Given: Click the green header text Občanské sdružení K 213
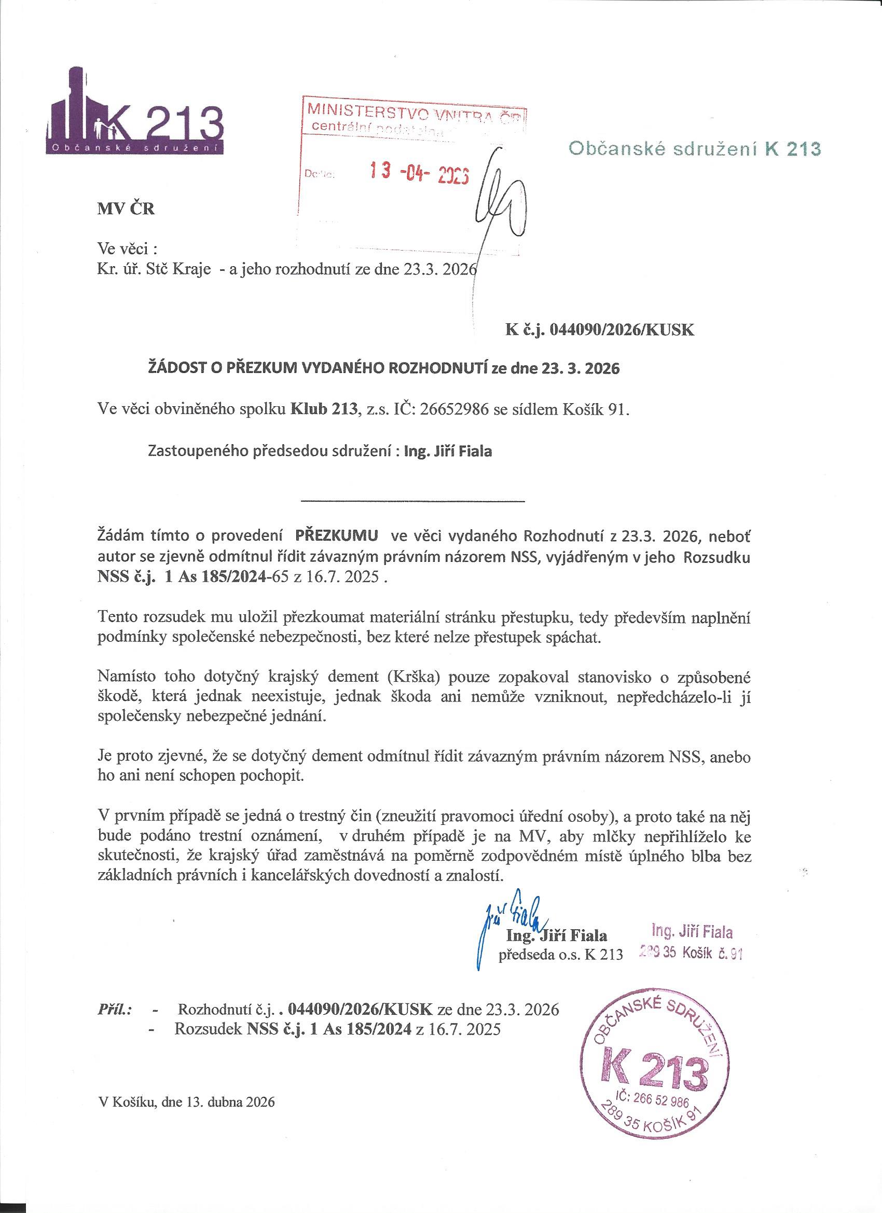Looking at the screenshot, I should [x=695, y=149].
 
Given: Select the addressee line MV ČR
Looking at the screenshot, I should [x=126, y=209].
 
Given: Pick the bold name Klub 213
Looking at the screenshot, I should [x=323, y=410].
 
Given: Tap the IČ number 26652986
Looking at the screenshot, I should [x=458, y=410].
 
